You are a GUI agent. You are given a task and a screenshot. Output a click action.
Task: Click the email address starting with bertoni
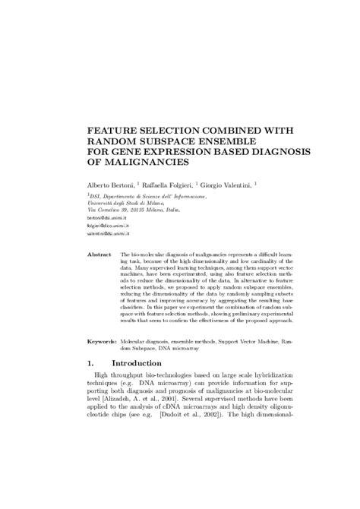pos(108,216)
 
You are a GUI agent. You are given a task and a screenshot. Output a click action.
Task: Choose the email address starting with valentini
pos(111,234)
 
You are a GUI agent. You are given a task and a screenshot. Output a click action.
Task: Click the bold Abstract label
pos(99,254)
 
